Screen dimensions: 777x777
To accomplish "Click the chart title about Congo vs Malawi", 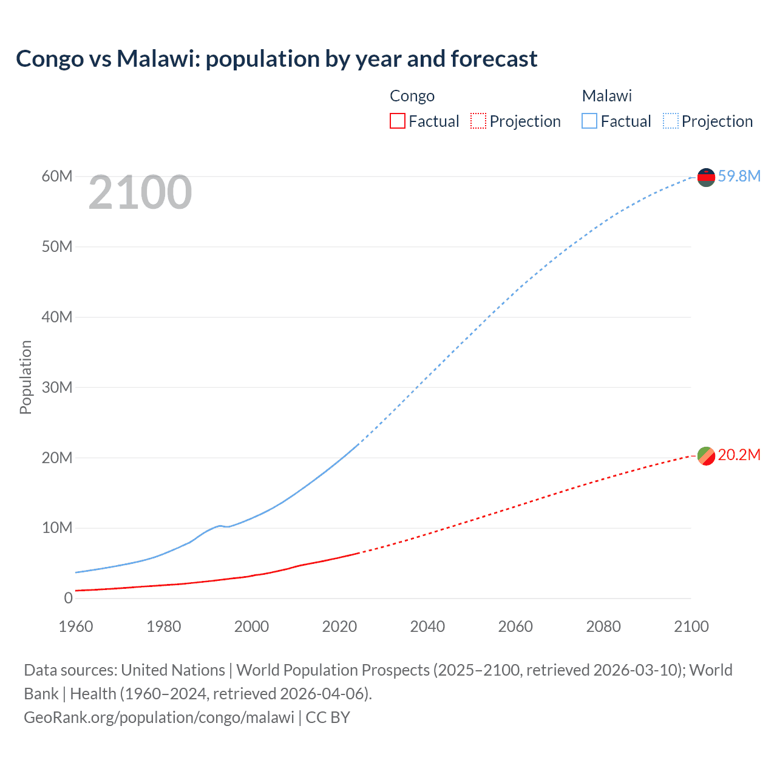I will point(276,59).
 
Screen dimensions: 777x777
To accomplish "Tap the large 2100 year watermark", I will point(140,192).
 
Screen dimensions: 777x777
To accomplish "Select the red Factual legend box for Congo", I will point(397,121).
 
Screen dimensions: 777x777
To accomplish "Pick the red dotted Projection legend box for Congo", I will point(478,121).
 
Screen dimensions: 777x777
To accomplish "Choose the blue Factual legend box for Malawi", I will point(589,121).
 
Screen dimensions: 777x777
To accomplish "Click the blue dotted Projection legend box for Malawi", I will point(670,121).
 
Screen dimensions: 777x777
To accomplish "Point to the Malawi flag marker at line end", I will point(706,177).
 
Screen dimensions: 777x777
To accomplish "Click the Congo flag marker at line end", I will point(706,455).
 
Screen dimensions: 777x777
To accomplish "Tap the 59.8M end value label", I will point(739,176).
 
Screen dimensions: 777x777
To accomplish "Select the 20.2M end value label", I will point(739,455).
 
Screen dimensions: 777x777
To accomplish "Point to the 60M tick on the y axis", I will point(57,176).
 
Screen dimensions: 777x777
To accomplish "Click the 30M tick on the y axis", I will point(57,387).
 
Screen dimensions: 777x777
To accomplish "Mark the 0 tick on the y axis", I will point(68,598).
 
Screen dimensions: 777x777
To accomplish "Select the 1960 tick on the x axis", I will point(76,626).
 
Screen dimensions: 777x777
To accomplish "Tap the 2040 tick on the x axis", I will point(427,626).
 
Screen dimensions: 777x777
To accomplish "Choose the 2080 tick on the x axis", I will point(603,626).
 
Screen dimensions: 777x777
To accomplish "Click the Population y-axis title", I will point(25,377).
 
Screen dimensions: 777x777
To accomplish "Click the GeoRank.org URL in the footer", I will point(159,718).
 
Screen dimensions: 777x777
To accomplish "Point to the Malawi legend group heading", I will point(607,96).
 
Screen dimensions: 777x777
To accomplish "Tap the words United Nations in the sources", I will point(173,670).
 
